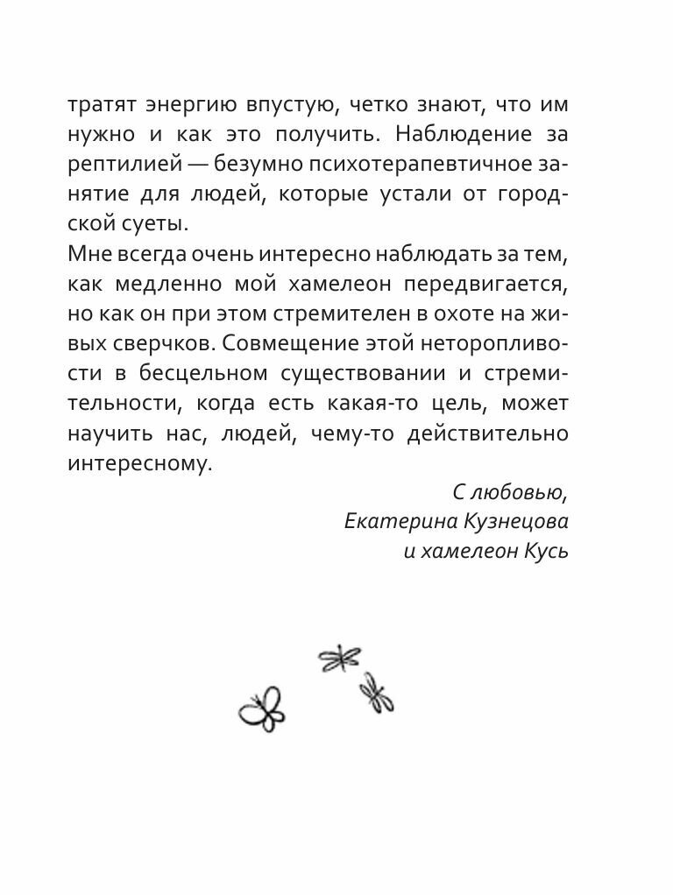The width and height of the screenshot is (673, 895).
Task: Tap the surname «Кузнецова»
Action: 515,522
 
